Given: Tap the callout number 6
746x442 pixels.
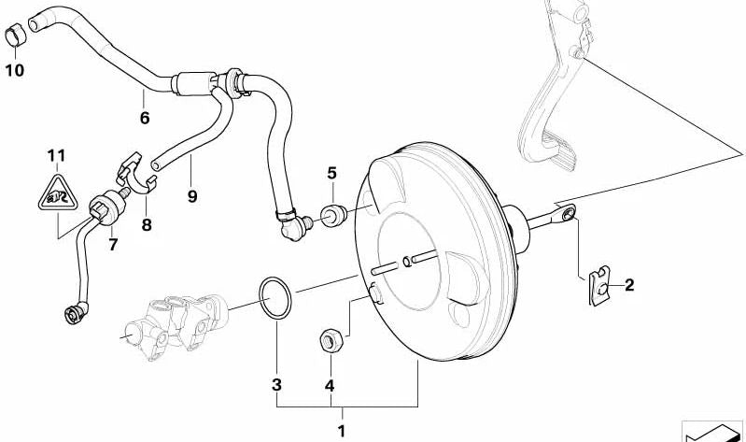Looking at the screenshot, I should pos(144,119).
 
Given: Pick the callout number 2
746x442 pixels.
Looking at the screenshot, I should pos(629,285).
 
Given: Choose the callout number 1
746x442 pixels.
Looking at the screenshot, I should pos(341,431).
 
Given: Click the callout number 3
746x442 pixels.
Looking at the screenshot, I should pos(276,384).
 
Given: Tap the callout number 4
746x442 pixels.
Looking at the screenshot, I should pos(329,384).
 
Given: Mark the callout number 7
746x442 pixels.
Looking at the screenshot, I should pos(113,246).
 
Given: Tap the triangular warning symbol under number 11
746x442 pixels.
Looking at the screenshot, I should pos(57,192).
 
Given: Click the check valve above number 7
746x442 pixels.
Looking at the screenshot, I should pos(105,205).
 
